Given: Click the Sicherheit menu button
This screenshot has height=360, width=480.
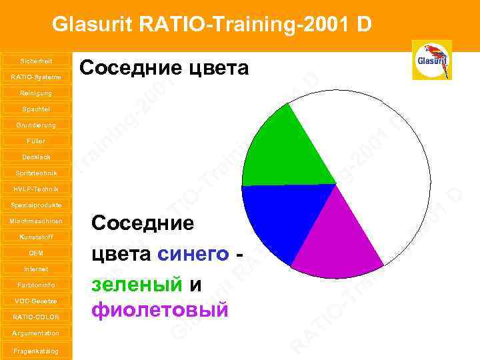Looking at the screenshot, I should (35, 61).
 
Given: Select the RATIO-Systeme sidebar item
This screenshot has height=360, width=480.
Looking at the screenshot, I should (35, 77).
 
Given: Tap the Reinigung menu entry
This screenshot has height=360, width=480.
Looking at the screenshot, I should (35, 93).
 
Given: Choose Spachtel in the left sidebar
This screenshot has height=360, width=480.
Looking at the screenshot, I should (35, 109).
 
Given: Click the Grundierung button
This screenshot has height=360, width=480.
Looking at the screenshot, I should (35, 125).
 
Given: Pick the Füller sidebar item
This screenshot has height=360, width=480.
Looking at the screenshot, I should (35, 141).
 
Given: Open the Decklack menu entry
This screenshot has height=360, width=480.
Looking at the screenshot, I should (35, 157).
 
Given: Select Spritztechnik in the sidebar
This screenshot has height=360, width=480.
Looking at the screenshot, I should (35, 173).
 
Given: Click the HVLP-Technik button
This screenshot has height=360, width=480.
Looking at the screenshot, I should (35, 189).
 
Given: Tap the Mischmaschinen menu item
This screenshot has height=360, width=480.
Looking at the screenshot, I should (35, 221).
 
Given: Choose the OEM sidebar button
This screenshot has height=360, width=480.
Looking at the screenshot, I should (35, 253).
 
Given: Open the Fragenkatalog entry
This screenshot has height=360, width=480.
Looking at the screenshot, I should (35, 351).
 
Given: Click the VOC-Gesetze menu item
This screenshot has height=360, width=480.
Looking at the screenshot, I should (35, 301).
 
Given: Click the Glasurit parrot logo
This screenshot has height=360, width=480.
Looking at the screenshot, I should (432, 60).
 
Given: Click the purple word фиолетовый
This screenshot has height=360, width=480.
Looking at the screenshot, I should (160, 310).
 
